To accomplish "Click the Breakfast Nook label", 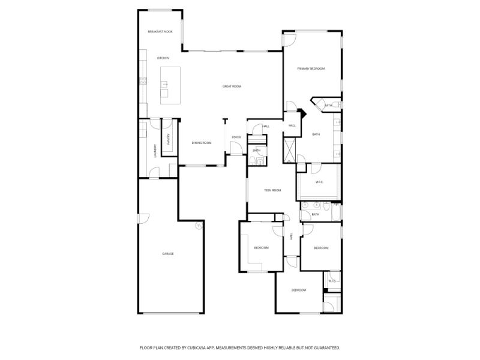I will [160, 31].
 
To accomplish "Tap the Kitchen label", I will [163, 58].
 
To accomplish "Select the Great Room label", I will [232, 86].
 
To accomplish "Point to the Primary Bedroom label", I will [311, 69].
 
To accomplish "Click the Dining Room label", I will [202, 143].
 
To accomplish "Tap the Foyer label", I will [236, 137].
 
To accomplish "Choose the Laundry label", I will [155, 151].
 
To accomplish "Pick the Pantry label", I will [169, 139].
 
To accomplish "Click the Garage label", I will [168, 254].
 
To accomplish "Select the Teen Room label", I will [272, 190].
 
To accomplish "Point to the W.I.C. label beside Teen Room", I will [319, 182].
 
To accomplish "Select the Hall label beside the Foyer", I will [266, 126].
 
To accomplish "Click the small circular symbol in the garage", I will [198, 226].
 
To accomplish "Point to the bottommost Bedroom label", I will [299, 290].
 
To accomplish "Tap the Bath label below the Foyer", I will [256, 150].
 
